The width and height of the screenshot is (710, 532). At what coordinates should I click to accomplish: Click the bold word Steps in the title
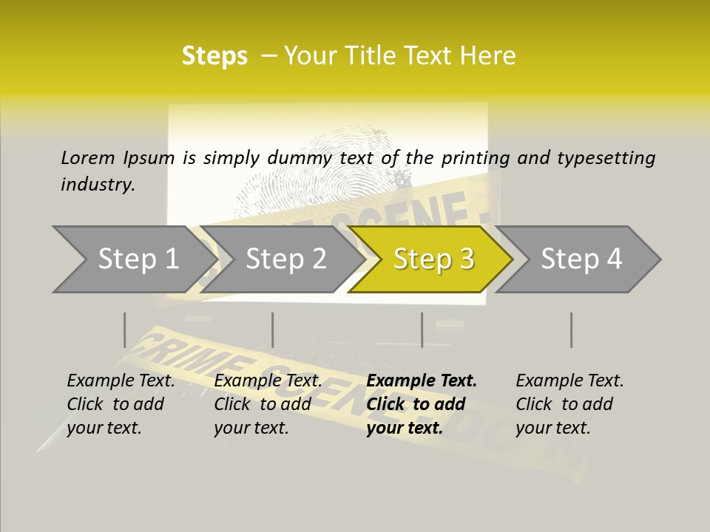tap(214, 56)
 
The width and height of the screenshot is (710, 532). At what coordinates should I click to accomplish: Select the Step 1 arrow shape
tap(133, 259)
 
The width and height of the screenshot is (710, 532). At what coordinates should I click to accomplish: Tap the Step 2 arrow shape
tap(285, 259)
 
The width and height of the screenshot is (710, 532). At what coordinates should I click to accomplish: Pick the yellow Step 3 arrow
tap(433, 259)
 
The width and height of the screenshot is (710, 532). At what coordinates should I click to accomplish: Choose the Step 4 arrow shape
tap(581, 259)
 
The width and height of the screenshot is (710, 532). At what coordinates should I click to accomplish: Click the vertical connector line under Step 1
tap(124, 330)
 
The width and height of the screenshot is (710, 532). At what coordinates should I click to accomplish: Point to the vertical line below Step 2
tap(273, 330)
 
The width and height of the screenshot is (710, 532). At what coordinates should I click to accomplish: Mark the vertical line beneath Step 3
tap(422, 330)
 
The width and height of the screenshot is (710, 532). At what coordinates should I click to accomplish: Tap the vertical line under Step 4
tap(571, 330)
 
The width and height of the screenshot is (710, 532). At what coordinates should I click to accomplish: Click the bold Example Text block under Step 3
tap(421, 404)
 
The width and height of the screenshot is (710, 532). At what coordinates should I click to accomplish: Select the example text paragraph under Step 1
tap(121, 404)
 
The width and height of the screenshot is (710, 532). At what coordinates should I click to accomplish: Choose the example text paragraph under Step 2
tap(268, 404)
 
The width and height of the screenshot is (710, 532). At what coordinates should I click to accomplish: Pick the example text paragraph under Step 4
tap(569, 404)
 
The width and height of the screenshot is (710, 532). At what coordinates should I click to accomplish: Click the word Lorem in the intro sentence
tap(88, 157)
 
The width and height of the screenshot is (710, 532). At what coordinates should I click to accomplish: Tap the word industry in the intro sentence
tap(98, 185)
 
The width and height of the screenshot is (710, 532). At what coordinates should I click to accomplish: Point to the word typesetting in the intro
tap(606, 158)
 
